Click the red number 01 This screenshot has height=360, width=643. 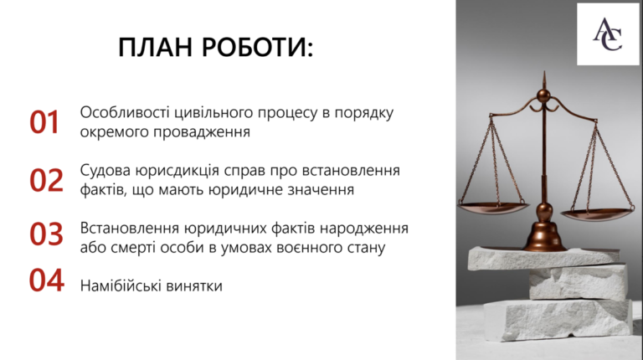tap(44, 122)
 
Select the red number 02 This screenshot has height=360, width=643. tap(46, 180)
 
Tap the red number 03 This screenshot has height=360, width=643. tap(46, 234)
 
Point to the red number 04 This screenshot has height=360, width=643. tap(46, 280)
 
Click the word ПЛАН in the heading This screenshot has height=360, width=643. tap(156, 47)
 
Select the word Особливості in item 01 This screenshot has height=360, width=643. tap(125, 112)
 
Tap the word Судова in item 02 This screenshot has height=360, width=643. tap(105, 170)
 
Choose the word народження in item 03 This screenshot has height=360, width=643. tap(364, 229)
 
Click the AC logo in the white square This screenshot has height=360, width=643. tap(608, 34)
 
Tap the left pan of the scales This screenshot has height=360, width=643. tap(494, 207)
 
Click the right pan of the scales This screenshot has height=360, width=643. tap(597, 213)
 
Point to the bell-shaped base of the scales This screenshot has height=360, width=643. tap(544, 234)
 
